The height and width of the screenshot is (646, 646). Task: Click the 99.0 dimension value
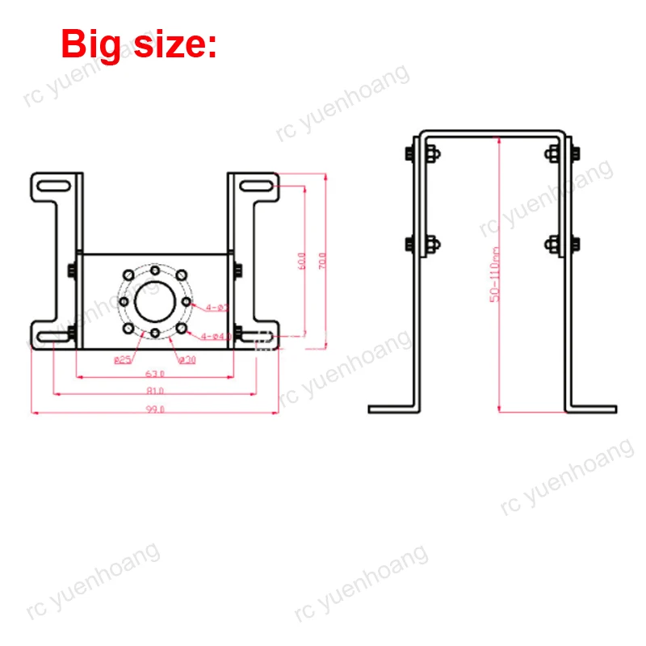tap(156, 409)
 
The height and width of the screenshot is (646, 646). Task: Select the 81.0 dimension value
tap(156, 390)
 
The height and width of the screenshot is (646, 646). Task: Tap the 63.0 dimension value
tap(154, 373)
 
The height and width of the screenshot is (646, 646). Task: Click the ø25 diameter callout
tap(123, 359)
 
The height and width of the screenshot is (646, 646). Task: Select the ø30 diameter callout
tap(187, 359)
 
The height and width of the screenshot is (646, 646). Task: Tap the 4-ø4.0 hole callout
tap(216, 336)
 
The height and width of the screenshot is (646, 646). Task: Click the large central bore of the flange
tap(153, 301)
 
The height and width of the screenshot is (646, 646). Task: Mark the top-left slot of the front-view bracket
tap(52, 187)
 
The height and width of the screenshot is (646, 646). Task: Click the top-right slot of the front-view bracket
tap(256, 187)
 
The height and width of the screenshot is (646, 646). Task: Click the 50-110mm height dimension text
tap(495, 275)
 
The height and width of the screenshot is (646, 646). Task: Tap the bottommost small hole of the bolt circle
tap(153, 333)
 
